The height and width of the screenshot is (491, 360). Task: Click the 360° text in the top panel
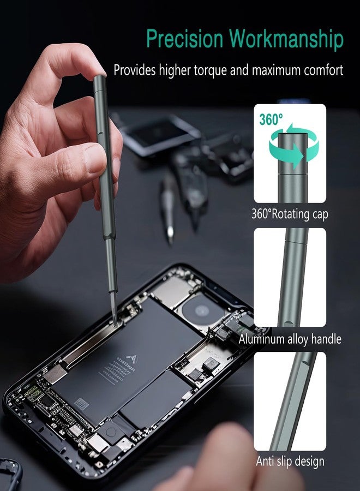[x=271, y=119]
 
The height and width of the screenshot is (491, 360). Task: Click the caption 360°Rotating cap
[x=290, y=214]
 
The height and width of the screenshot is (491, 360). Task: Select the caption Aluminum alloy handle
[x=290, y=339]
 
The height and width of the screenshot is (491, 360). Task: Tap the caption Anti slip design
[x=290, y=461]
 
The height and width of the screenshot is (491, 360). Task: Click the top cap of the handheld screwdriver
[x=99, y=82]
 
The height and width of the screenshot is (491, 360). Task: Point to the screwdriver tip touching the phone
[x=114, y=316]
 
